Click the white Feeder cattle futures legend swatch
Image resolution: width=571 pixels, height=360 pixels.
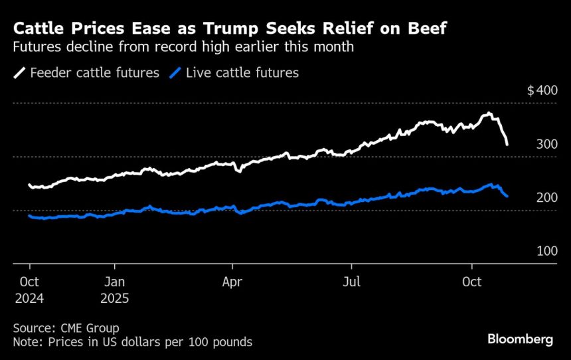pos(20,73)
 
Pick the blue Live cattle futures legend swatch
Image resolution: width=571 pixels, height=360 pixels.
pos(176,73)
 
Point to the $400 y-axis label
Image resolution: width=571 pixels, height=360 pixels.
pos(542,90)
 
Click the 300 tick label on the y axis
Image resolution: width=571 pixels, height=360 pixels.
pos(546,144)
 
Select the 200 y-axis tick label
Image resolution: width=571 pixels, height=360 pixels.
pos(546,198)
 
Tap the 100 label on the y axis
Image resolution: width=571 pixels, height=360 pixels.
pos(546,251)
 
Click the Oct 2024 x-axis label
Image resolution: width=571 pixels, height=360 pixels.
pos(29,290)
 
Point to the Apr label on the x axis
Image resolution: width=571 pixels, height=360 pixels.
pos(232,282)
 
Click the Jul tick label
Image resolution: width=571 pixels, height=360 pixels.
pos(351,282)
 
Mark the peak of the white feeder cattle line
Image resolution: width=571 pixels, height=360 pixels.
pos(489,114)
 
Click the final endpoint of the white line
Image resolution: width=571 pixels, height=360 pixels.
pos(507,144)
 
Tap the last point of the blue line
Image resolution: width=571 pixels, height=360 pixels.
pos(507,196)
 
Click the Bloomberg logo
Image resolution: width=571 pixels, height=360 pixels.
pos(520,339)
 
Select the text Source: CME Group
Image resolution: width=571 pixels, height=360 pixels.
pos(66,328)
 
